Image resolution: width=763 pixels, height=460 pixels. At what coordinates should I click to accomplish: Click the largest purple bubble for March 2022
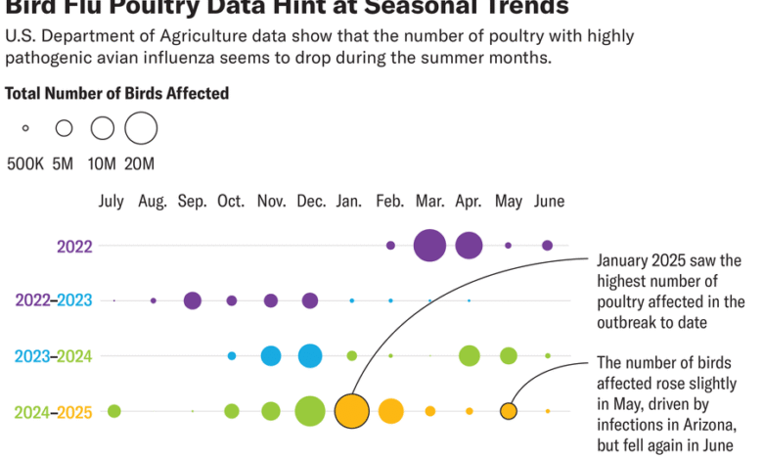point(429,245)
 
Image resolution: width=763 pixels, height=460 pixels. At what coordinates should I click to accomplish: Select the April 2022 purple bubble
point(469,245)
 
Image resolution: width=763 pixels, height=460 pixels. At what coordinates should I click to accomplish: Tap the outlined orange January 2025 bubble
point(351,411)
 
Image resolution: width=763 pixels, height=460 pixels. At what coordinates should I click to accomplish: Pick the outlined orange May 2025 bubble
point(508,411)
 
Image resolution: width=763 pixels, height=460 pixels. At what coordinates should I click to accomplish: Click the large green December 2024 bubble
point(310,411)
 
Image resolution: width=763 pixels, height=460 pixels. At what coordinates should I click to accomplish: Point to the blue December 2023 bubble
point(310,355)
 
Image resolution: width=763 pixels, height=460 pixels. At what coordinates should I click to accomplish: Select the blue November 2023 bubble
point(271,355)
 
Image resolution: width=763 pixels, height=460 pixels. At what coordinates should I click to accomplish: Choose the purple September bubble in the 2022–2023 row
point(193,300)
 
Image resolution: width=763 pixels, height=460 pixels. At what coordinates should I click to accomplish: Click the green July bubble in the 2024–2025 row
point(114,411)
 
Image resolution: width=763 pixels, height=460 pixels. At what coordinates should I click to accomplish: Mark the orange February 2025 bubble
point(390,411)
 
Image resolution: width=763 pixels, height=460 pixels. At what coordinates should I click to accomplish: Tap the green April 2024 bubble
point(469,355)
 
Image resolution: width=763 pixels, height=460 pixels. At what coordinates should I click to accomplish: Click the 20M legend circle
point(141,127)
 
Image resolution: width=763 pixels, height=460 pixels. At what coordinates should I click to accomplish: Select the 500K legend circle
point(25,128)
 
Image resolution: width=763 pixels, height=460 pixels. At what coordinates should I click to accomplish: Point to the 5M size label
point(63,163)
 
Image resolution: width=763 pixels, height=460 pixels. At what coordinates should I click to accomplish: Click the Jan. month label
point(349,202)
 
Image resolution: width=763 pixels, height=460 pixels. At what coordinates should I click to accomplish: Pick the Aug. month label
point(153,202)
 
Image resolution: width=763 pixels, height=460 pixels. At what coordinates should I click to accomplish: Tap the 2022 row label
point(74,246)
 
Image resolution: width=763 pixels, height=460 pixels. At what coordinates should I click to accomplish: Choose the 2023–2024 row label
point(54,356)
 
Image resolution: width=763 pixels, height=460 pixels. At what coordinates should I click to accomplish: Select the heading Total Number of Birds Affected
point(117,94)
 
